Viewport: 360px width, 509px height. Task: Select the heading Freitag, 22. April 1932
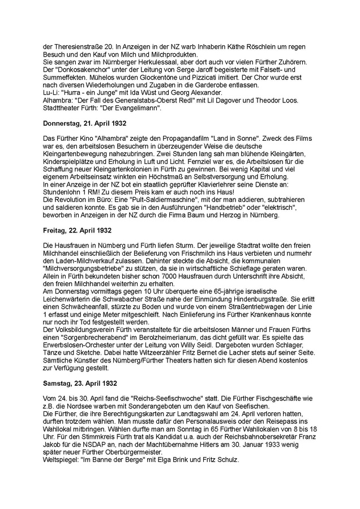[x=77, y=230]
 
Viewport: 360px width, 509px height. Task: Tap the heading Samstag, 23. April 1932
[x=79, y=383]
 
